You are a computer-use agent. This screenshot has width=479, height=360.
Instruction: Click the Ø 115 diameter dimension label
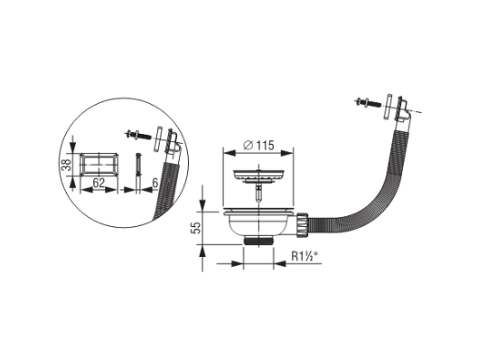tap(258, 146)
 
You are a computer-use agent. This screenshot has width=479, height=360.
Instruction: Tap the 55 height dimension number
tap(196, 228)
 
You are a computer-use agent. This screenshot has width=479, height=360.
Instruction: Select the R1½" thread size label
tap(304, 256)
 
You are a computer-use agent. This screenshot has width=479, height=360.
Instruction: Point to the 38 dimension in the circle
tap(68, 165)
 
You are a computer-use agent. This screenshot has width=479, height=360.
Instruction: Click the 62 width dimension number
tap(99, 184)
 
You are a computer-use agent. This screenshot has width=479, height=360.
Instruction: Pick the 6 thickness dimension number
tap(155, 184)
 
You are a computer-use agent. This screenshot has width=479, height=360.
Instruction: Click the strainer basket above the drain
tap(258, 175)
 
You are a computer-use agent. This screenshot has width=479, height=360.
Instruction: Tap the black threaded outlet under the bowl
tap(258, 241)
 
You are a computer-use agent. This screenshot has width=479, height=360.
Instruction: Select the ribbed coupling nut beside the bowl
tap(302, 224)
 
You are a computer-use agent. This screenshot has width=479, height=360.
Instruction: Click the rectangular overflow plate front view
tap(99, 164)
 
